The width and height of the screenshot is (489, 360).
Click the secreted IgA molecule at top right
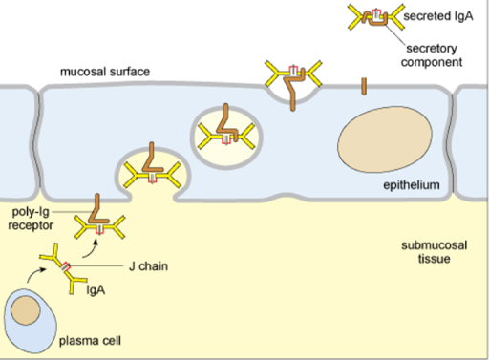[x=372, y=16]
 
